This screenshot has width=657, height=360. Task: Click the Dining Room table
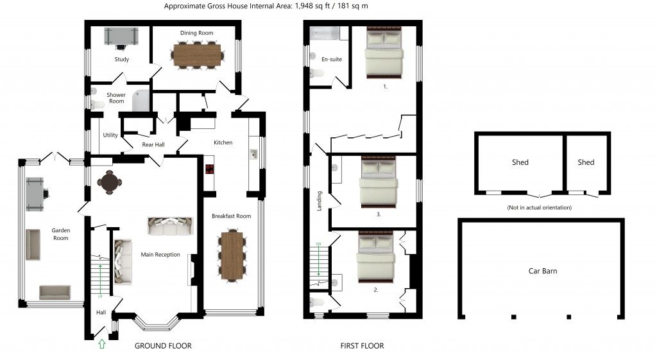click(x=196, y=54)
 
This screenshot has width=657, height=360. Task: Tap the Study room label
click(x=121, y=60)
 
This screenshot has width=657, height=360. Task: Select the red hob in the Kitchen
click(x=209, y=169)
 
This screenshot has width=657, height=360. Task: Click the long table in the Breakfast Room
click(x=232, y=255)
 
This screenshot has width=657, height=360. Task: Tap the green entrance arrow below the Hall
click(x=101, y=345)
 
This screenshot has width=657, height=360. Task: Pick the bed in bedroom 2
click(x=376, y=259)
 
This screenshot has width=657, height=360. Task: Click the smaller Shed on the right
click(x=586, y=162)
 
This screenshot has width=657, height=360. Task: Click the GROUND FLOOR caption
click(x=163, y=346)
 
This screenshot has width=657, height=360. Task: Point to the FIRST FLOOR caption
click(x=362, y=346)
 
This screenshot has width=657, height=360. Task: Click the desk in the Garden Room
click(x=35, y=193)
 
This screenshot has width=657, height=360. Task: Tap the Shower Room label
click(x=116, y=98)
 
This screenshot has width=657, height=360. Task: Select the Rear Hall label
click(x=153, y=145)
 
